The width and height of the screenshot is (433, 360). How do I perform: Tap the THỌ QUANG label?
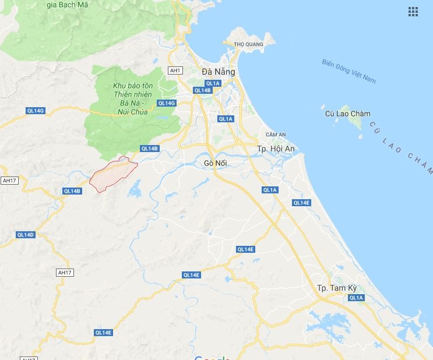245,44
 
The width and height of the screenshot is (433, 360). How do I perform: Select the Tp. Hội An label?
276,149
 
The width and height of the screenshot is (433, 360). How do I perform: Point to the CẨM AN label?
275,134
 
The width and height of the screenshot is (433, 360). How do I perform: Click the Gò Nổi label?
215,163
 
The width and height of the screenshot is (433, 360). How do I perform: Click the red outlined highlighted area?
114,174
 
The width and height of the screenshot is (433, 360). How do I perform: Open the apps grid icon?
413,12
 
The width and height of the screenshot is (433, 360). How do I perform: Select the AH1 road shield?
175,70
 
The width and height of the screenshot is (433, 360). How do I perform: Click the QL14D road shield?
26,235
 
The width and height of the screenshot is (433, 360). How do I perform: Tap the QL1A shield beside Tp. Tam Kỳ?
355,298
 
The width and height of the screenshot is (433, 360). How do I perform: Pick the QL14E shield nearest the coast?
301,203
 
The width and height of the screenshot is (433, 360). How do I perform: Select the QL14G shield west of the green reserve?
36,110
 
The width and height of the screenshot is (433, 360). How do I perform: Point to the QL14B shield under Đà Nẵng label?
202,90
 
